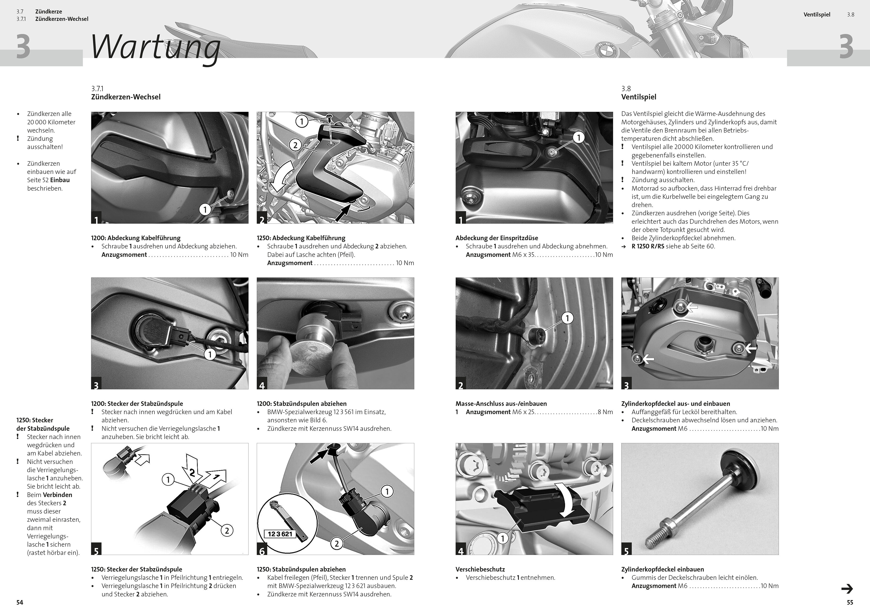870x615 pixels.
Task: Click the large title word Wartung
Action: [x=156, y=47]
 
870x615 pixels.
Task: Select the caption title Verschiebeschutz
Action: [x=480, y=569]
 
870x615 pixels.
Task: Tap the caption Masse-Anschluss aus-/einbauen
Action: [x=501, y=404]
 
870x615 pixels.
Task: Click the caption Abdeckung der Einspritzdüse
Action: [x=497, y=238]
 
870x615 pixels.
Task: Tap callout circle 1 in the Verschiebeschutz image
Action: [x=502, y=538]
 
